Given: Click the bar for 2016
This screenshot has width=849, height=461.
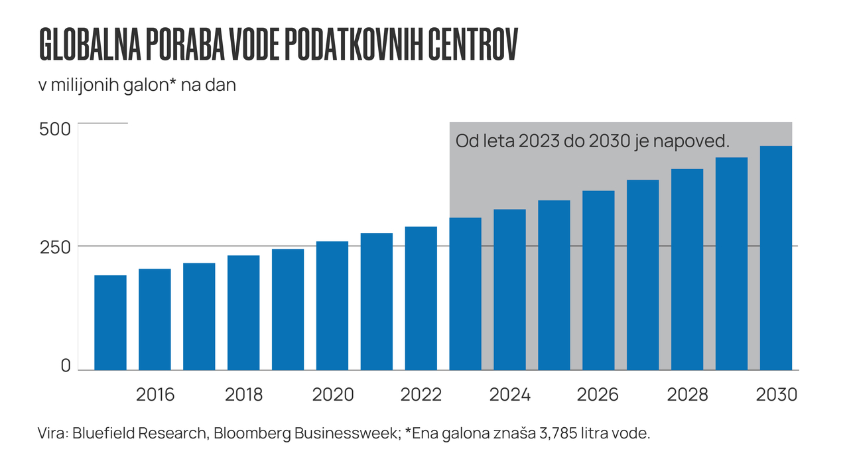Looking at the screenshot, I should point(155,319).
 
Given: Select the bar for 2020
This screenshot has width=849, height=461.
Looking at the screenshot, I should point(332,305).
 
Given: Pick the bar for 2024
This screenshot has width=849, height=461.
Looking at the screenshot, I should point(509,289).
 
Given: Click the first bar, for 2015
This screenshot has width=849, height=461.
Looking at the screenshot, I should point(110,322).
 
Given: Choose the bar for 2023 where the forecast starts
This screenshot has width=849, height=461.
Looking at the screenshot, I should point(465,293).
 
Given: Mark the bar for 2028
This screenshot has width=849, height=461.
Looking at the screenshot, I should point(686,269).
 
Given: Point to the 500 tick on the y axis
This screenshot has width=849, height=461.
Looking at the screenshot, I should point(55,129).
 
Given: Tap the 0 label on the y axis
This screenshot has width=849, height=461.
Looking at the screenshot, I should point(65,365).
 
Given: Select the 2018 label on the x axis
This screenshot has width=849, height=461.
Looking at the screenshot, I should point(243,395).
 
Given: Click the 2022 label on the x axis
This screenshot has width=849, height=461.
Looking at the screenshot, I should point(421,395).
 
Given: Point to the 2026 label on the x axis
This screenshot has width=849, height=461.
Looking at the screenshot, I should point(598,395).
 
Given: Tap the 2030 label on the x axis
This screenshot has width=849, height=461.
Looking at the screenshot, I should point(776,395).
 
